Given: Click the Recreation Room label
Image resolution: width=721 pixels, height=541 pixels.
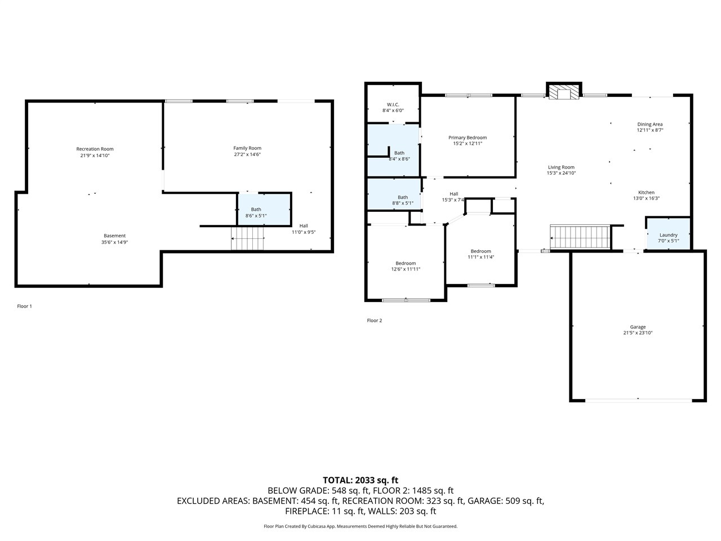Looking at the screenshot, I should coord(95,149).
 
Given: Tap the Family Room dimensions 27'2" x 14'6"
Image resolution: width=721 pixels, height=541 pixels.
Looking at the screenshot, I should coord(247,154).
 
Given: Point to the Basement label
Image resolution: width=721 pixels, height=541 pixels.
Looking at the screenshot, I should coord(114,236).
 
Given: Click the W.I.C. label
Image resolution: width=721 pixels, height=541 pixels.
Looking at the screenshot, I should coord(393,104).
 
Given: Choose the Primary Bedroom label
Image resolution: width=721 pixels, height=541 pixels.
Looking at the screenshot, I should coord(468,138).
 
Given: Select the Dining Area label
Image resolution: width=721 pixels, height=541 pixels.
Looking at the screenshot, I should coord(649,125).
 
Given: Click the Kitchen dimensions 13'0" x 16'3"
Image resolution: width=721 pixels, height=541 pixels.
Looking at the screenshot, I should coord(646,198).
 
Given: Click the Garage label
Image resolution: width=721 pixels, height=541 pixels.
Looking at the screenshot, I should coord(638,327).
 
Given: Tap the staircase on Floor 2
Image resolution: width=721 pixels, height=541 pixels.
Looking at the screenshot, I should coord(580,237).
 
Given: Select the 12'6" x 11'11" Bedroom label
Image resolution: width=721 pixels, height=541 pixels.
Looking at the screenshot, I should coord(406,263).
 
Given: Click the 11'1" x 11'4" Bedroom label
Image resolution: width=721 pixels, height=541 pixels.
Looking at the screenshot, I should coord(480,251).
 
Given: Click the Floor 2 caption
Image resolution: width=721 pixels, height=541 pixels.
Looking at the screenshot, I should coord(374,321).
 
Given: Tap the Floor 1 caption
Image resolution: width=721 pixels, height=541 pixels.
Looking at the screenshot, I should coord(24,306).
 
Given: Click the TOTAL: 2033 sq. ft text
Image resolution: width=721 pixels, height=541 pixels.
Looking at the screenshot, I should coord(360,480).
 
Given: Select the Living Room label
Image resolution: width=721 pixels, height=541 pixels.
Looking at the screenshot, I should coord(561,167).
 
